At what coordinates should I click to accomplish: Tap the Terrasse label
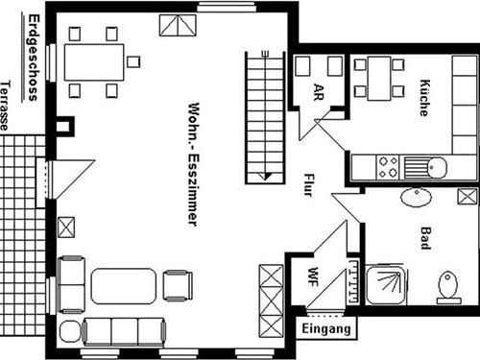click(x=8, y=104)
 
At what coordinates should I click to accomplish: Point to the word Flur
click(x=308, y=183)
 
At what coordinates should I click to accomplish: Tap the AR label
click(x=319, y=92)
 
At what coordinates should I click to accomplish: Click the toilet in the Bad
click(x=447, y=286)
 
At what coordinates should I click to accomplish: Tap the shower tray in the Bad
click(x=386, y=285)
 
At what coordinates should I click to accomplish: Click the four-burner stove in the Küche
click(x=388, y=166)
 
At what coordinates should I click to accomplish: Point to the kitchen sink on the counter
click(x=425, y=166)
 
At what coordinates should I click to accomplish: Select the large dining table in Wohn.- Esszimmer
click(x=94, y=62)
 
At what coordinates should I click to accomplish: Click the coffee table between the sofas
click(x=123, y=286)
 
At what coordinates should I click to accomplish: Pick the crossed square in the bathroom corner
click(x=468, y=197)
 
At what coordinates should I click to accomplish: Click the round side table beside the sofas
click(x=69, y=332)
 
